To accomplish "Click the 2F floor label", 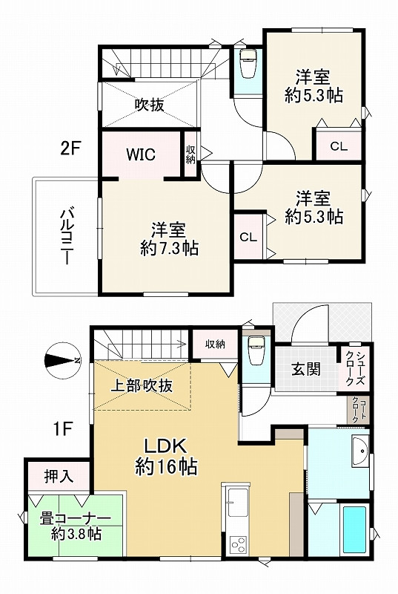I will point(70,148).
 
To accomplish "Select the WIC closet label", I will point(139,154).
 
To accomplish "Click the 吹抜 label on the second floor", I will point(149,105).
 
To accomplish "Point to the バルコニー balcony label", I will point(65,236).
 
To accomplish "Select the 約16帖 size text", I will point(165,467).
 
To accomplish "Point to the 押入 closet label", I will point(58,476).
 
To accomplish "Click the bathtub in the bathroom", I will point(354,529).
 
